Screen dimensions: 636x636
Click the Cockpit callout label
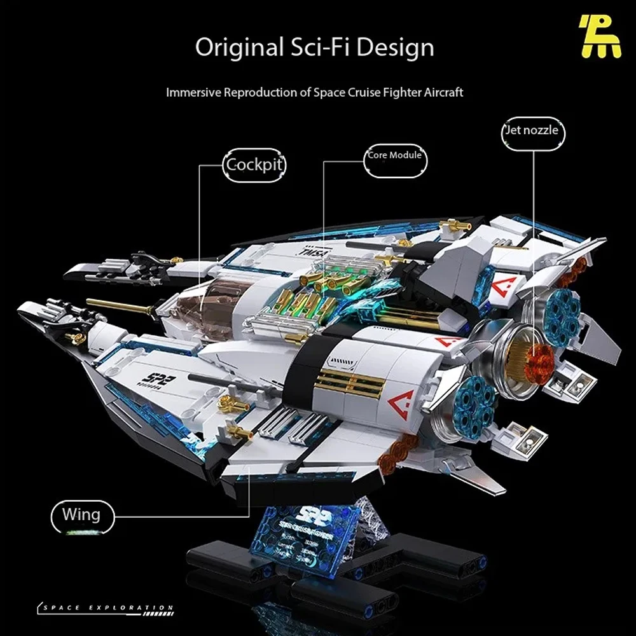click(254, 165)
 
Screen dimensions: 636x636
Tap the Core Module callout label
click(394, 155)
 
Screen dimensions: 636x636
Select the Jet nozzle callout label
click(533, 130)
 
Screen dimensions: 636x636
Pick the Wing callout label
click(81, 514)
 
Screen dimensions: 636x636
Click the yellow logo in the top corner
click(599, 37)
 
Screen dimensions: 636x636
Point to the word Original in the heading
click(238, 48)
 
